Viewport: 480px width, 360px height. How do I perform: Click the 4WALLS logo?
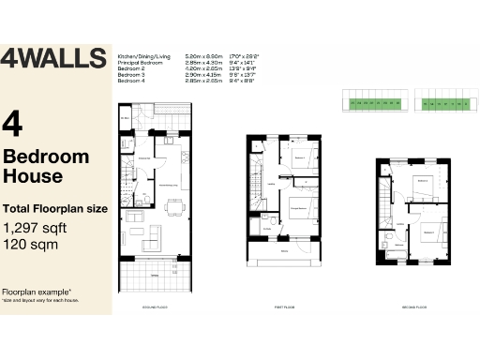pos(53,58)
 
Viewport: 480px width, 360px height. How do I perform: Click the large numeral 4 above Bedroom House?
pos(13,123)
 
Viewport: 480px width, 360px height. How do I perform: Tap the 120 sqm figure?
pos(29,244)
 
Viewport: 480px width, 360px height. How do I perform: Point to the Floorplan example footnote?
pos(36,292)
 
